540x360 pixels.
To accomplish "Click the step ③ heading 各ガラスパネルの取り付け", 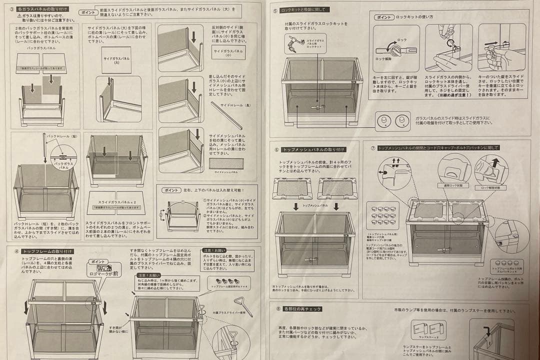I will (x=43, y=9).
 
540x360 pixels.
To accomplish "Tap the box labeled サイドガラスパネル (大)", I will (x=116, y=60).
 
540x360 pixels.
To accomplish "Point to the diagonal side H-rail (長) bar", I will (x=226, y=115).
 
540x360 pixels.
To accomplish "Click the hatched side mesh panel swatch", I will (x=226, y=163).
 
